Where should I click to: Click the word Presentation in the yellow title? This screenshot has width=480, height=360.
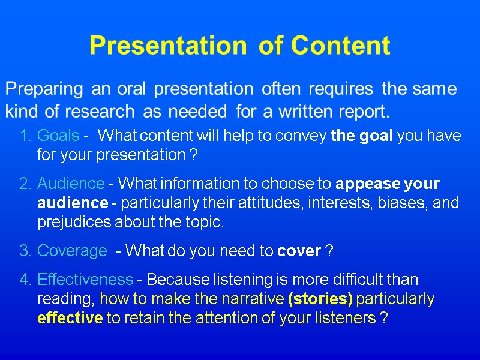(x=167, y=46)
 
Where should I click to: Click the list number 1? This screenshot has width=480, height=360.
(x=25, y=136)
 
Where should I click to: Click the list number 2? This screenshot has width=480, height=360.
(x=25, y=184)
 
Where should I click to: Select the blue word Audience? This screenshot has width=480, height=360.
(x=71, y=184)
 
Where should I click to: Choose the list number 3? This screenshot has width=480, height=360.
(x=25, y=251)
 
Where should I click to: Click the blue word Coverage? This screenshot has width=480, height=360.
(x=71, y=251)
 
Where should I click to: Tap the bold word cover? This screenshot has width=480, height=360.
(x=299, y=251)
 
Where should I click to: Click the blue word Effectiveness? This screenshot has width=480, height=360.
(x=85, y=279)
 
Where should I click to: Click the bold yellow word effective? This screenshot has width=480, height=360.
(x=70, y=319)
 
